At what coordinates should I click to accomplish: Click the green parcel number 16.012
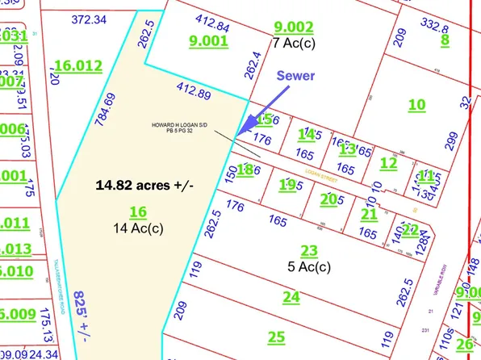[77, 65]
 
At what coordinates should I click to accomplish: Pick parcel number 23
[309, 250]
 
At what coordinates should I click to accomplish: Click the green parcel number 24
[291, 296]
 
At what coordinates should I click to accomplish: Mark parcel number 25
[277, 336]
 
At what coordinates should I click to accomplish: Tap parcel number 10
[416, 104]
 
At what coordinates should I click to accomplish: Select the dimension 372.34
[89, 18]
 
